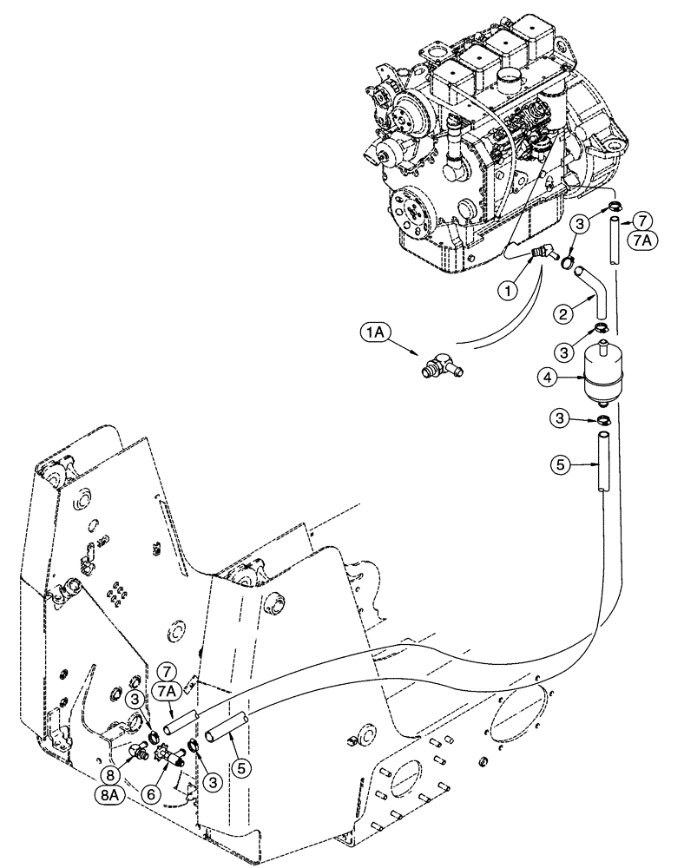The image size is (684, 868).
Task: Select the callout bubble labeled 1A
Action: (367, 332)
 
